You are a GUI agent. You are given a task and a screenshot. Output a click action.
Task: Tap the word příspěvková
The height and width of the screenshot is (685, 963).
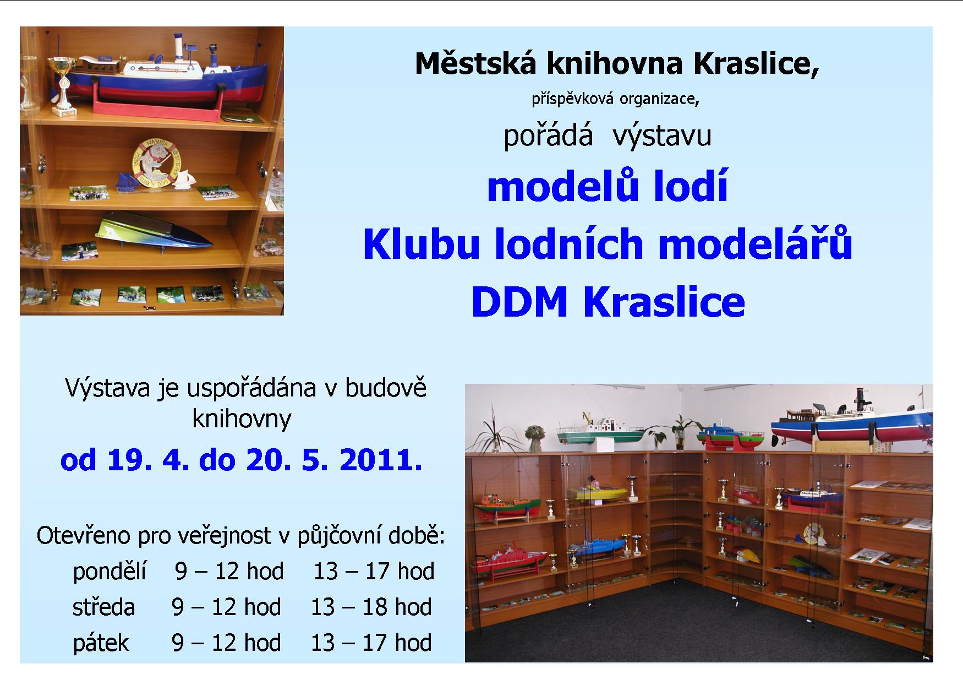click(x=572, y=99)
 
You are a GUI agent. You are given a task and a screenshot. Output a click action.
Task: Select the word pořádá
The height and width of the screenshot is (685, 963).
click(x=548, y=135)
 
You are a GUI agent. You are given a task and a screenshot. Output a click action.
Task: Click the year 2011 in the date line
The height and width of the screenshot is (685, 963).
click(x=381, y=459)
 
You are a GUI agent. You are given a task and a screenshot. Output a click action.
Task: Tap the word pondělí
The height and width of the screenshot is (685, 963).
click(x=110, y=572)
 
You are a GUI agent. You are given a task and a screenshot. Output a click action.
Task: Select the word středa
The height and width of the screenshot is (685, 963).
click(x=103, y=607)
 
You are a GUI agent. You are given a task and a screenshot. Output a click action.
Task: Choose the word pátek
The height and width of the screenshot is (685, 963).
click(x=101, y=643)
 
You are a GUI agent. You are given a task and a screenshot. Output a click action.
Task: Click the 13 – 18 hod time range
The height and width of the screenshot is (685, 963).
click(x=371, y=607)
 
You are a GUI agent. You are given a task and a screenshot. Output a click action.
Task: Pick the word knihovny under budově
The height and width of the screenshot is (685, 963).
click(x=242, y=419)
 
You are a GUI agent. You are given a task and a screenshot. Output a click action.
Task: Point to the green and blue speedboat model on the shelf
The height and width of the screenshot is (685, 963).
click(x=154, y=232)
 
